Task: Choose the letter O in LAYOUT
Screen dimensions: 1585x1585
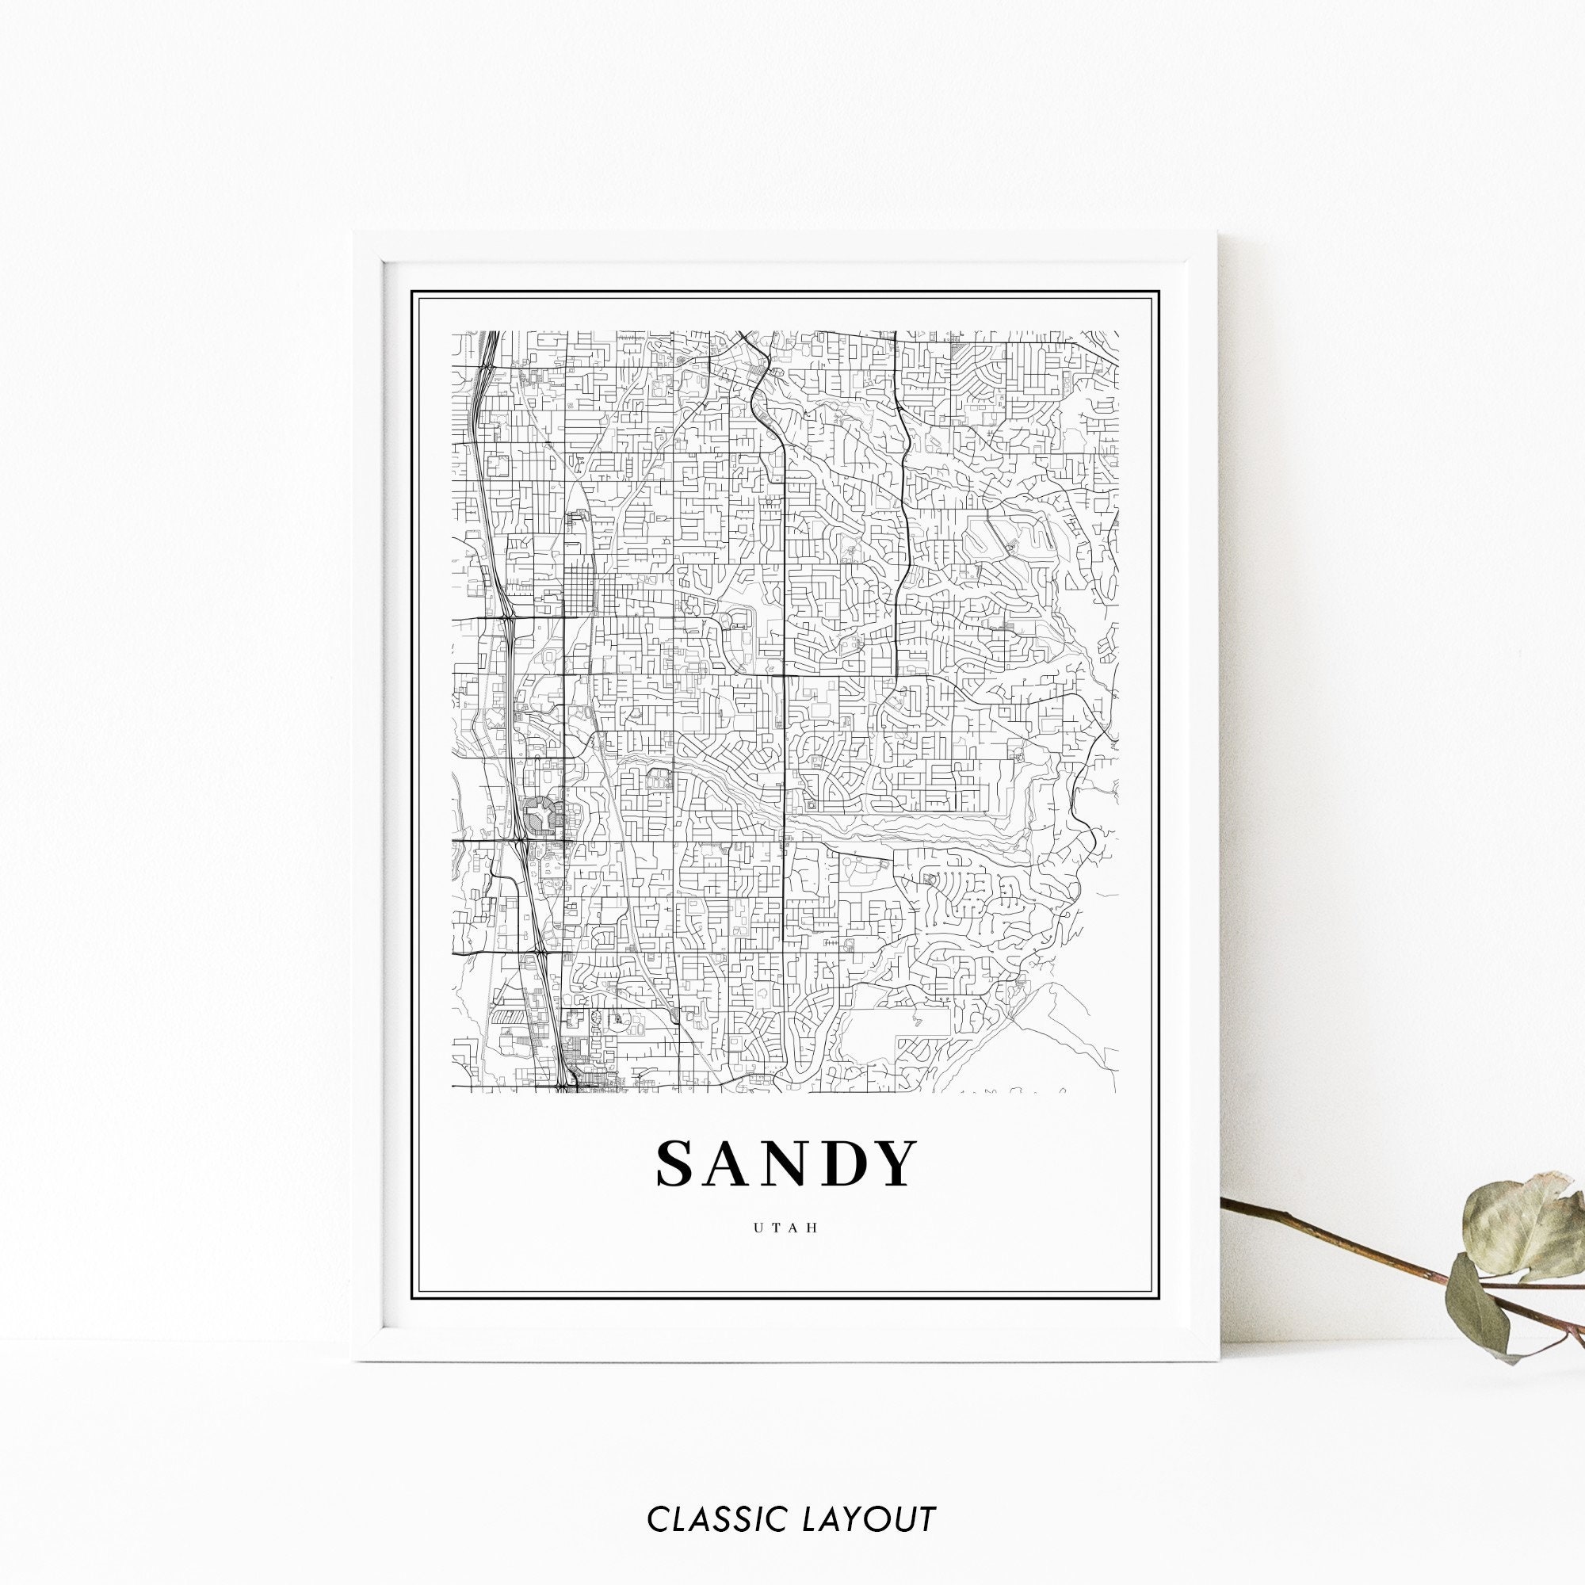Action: point(886,1495)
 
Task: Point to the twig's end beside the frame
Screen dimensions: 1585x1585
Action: point(1224,1204)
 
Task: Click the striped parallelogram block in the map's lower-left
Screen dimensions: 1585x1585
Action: point(508,1017)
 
